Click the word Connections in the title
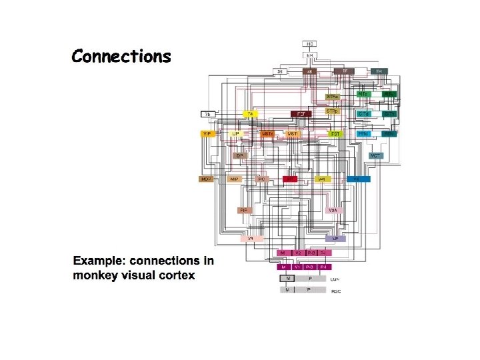pos(121,56)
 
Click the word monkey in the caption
pos(94,275)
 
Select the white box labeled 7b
pos(207,115)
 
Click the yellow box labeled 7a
pos(250,115)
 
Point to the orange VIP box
pos(207,134)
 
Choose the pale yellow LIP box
pos(235,134)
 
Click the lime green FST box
pos(335,134)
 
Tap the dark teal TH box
pos(379,71)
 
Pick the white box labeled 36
pos(281,71)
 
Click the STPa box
pos(333,96)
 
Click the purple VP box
pos(335,238)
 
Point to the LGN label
pos(336,278)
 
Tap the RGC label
pos(336,291)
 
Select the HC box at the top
pos(310,44)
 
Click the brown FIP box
pos(244,210)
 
